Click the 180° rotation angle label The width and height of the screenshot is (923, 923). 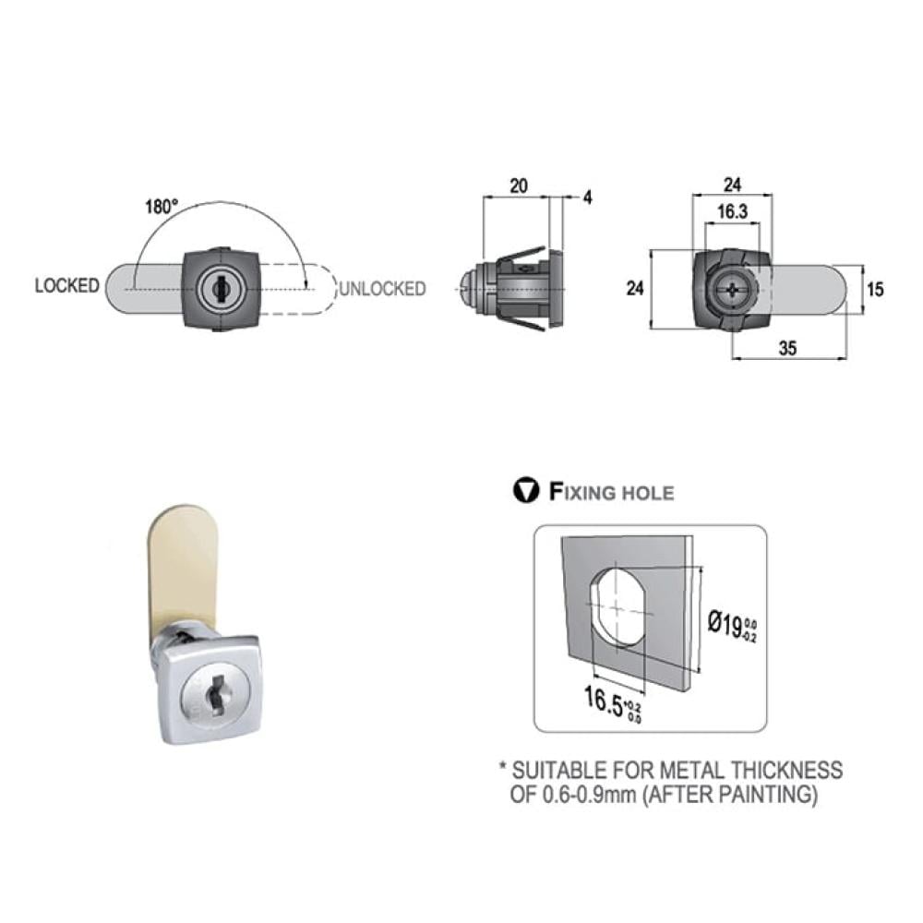pyautogui.click(x=162, y=207)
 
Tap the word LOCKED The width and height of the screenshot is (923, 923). pyautogui.click(x=67, y=285)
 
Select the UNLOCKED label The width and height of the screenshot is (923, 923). pyautogui.click(x=383, y=288)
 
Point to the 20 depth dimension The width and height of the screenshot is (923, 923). pyautogui.click(x=518, y=186)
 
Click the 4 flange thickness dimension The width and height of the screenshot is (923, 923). pyautogui.click(x=587, y=198)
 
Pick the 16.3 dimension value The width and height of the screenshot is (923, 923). pyautogui.click(x=732, y=211)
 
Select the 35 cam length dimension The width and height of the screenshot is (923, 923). pyautogui.click(x=787, y=348)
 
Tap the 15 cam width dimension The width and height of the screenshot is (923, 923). pyautogui.click(x=875, y=289)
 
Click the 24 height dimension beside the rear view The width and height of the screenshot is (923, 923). pyautogui.click(x=635, y=288)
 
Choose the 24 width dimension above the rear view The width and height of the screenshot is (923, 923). pyautogui.click(x=732, y=185)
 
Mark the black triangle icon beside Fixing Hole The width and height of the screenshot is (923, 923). pyautogui.click(x=526, y=490)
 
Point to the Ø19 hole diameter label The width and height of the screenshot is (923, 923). pyautogui.click(x=732, y=627)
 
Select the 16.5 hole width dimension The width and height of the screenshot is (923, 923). pyautogui.click(x=612, y=702)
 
